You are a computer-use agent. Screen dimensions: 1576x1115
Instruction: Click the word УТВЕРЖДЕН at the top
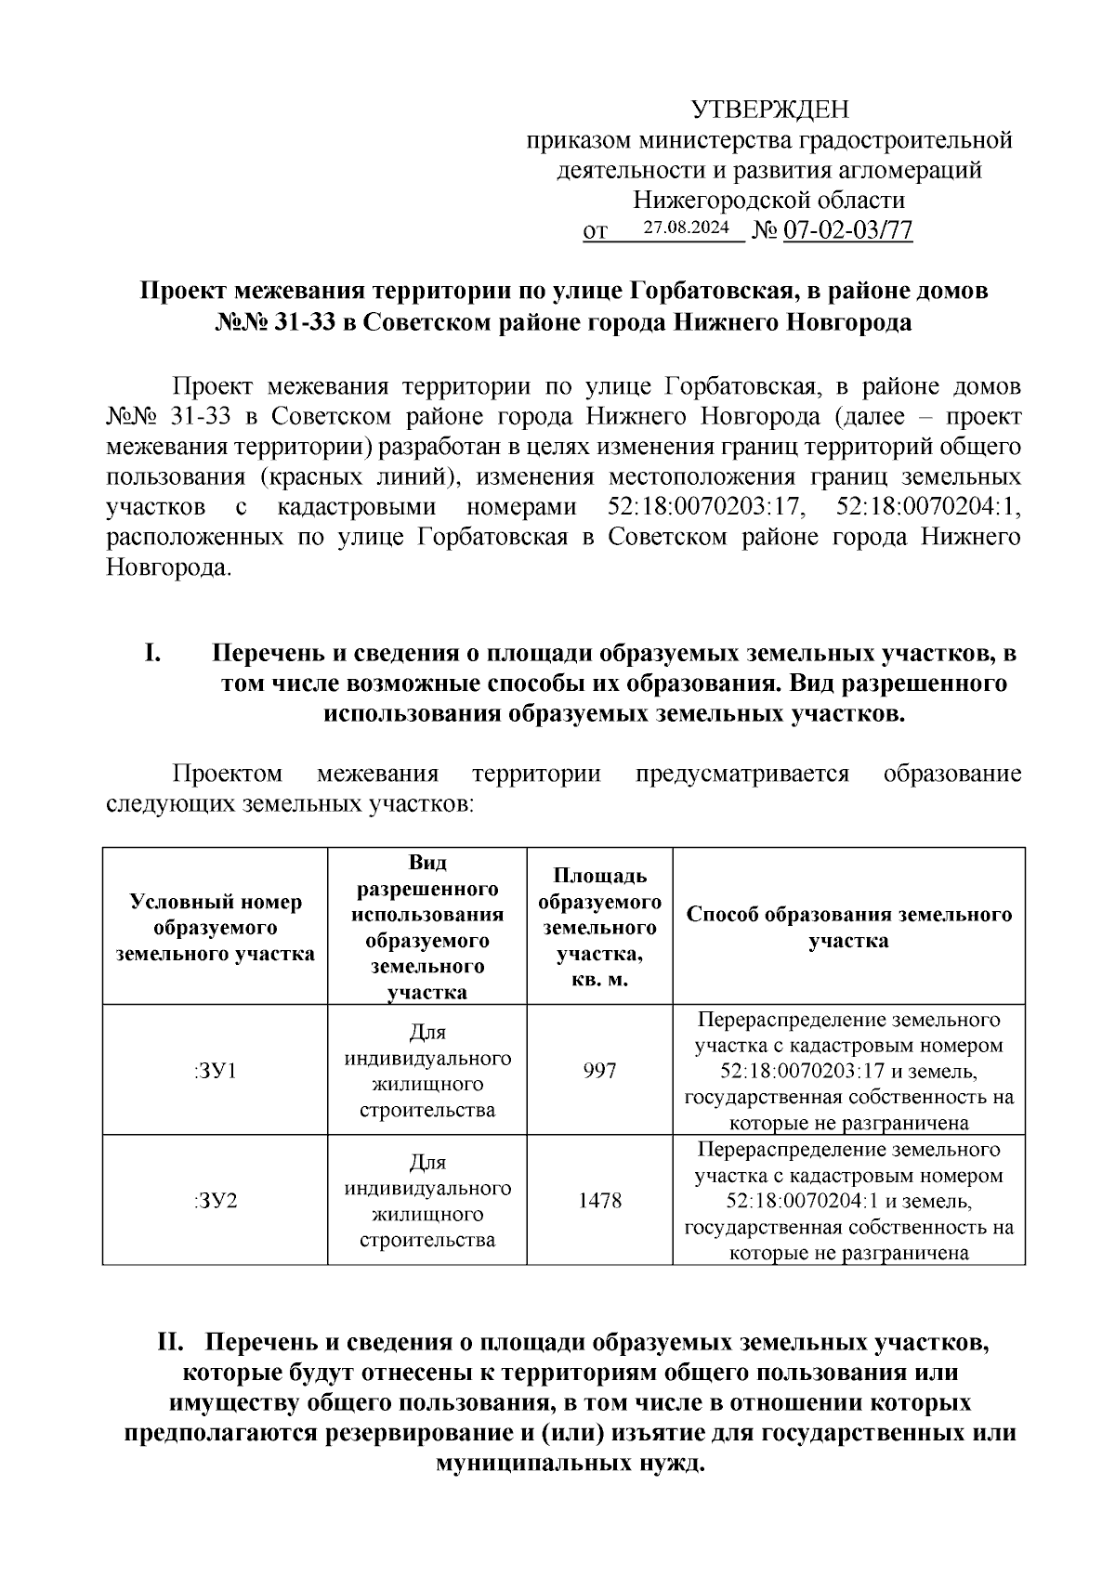pyautogui.click(x=770, y=111)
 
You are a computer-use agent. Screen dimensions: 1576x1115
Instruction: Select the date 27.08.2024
pyautogui.click(x=687, y=228)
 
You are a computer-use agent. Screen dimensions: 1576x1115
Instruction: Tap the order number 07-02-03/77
pyautogui.click(x=848, y=230)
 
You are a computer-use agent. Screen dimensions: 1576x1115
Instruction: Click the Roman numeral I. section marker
pyautogui.click(x=153, y=654)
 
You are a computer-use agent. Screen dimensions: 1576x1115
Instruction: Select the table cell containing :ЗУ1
pyautogui.click(x=215, y=1071)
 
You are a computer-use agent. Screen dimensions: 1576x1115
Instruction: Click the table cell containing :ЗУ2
pyautogui.click(x=215, y=1200)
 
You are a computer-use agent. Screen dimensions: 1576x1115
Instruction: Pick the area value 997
pyautogui.click(x=599, y=1071)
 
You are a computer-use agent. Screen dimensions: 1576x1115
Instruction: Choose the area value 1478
pyautogui.click(x=599, y=1200)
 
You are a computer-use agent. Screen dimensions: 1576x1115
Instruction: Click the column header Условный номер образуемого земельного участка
pyautogui.click(x=215, y=927)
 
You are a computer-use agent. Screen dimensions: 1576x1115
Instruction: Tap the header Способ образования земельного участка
pyautogui.click(x=848, y=927)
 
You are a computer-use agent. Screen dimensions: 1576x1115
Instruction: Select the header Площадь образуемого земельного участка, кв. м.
pyautogui.click(x=599, y=927)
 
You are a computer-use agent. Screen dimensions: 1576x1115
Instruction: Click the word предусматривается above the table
pyautogui.click(x=741, y=774)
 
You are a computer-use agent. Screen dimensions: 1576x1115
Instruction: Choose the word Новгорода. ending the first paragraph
pyautogui.click(x=167, y=567)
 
